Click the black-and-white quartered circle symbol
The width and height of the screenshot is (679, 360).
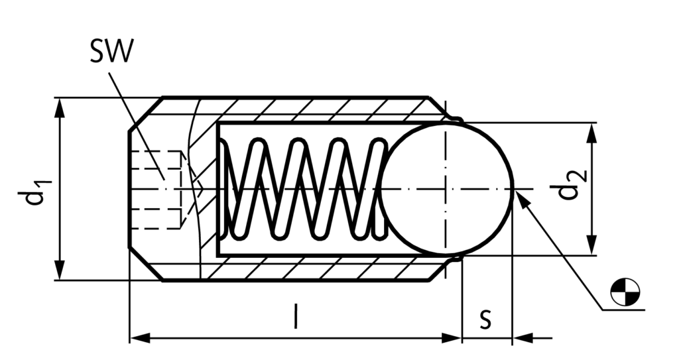point(625,292)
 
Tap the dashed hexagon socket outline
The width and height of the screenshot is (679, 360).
point(156,188)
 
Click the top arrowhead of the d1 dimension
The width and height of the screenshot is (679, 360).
point(60,106)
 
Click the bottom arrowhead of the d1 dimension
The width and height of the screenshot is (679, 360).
point(60,272)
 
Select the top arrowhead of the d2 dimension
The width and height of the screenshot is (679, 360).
point(592,131)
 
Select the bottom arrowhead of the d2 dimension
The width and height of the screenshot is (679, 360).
point(592,247)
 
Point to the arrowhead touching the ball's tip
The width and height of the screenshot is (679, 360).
point(521,196)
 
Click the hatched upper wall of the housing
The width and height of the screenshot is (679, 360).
point(318,109)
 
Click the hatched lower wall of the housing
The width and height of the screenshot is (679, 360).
point(318,268)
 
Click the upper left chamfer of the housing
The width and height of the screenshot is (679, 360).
point(145,111)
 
